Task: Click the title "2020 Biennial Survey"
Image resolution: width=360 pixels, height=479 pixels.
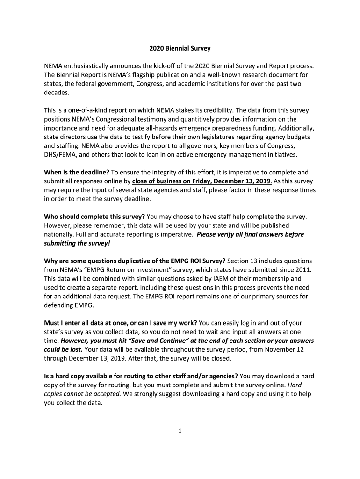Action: click(180, 48)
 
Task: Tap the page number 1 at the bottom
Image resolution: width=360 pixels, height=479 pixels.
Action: click(180, 431)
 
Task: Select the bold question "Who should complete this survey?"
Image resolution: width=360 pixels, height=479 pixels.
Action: click(95, 217)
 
